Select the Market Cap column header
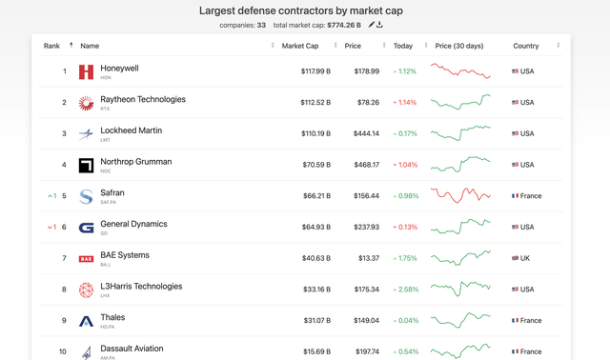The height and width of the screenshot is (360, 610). [300, 46]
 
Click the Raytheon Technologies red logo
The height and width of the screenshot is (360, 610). [86, 103]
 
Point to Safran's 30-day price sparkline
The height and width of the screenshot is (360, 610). [460, 195]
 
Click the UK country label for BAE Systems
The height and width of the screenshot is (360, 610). [525, 258]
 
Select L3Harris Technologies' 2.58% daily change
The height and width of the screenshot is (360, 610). [405, 290]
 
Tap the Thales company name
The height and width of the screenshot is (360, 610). [112, 317]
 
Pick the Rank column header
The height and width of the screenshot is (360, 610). [51, 46]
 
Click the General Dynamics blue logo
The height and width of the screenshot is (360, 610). [86, 228]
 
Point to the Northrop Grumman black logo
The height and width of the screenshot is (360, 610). [86, 166]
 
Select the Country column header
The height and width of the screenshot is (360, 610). [525, 46]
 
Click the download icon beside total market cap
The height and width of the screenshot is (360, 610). [379, 25]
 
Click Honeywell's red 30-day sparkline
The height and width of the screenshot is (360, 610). [460, 71]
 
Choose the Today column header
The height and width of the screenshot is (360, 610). [403, 46]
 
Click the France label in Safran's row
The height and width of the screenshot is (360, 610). [530, 196]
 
